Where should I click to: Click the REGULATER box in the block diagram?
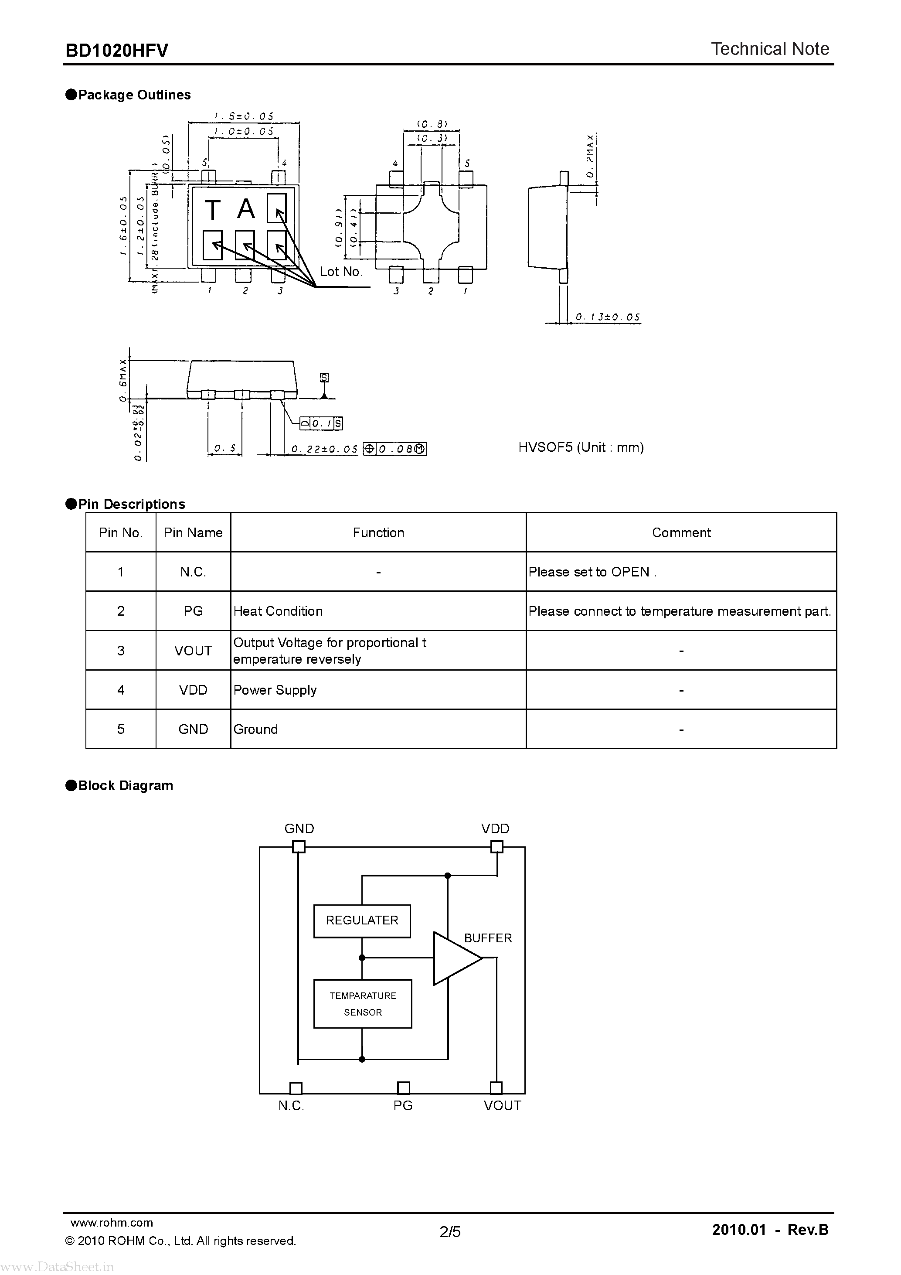coord(362,920)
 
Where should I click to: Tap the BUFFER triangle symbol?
coord(455,958)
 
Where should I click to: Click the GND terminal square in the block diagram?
coord(299,847)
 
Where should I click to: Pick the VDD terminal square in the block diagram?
coord(497,847)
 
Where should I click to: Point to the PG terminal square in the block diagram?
coord(404,1088)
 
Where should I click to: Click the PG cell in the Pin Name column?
coord(193,611)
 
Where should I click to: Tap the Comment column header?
coord(681,532)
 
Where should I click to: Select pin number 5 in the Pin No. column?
coord(120,729)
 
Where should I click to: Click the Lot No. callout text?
coord(341,272)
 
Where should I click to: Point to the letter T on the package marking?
coord(213,211)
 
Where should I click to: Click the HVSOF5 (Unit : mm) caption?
coord(581,447)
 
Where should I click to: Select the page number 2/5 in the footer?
coord(450,1232)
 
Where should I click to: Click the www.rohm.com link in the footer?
coord(112,1222)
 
